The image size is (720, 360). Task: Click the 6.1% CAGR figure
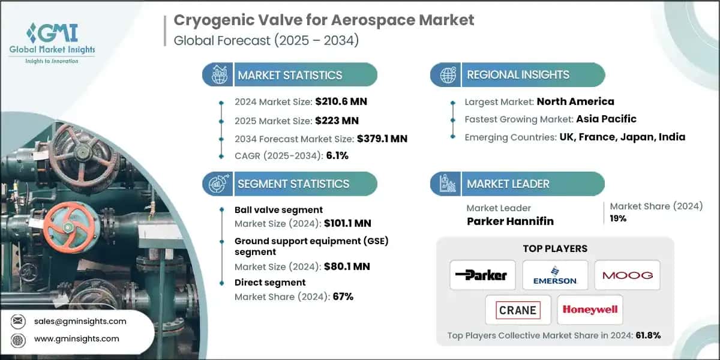(336, 156)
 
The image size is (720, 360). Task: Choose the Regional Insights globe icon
(446, 75)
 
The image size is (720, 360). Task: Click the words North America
(575, 101)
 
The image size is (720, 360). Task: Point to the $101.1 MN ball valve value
(347, 223)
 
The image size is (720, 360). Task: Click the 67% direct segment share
(342, 296)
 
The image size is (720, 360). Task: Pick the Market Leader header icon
(446, 184)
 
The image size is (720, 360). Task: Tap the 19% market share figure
(618, 218)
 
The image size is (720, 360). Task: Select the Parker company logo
(481, 275)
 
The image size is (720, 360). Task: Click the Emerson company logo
(554, 275)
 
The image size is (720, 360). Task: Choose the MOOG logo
(628, 275)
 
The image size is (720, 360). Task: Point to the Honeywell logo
(590, 310)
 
